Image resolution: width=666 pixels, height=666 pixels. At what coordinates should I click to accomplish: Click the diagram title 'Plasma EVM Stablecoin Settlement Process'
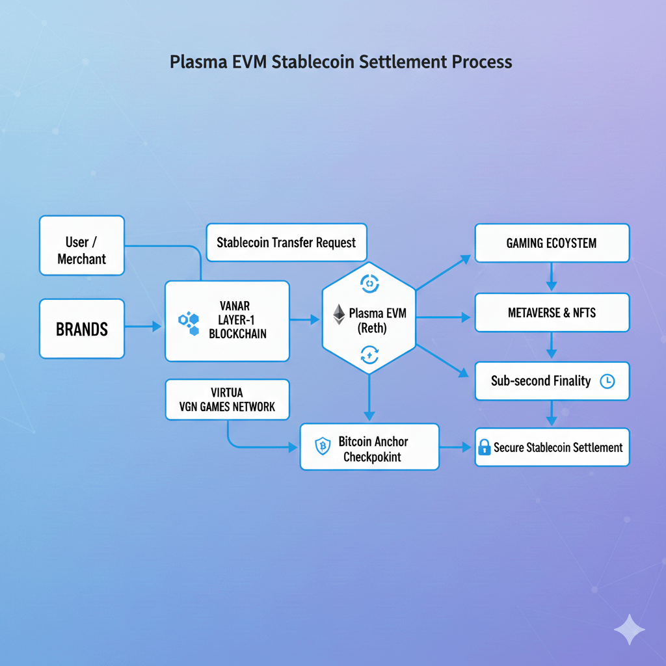pos(341,62)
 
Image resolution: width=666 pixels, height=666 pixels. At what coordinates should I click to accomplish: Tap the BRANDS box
pos(82,328)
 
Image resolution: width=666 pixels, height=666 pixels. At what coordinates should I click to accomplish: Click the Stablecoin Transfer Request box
pos(286,243)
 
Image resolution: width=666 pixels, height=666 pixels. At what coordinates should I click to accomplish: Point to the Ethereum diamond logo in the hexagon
pos(339,314)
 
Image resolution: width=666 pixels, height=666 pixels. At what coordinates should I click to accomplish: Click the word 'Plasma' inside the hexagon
pos(365,313)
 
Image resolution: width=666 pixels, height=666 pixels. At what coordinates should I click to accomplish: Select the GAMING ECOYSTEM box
pos(552,243)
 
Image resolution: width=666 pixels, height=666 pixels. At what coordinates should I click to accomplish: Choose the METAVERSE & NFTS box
pos(552,313)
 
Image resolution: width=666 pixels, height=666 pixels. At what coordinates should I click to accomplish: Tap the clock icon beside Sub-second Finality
pos(607,381)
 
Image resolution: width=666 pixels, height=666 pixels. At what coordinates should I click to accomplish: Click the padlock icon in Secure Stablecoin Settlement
pos(484,447)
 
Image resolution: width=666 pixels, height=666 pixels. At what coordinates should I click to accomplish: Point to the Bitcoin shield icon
pos(323,446)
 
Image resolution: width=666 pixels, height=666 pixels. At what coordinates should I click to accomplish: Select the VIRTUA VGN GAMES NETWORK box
pos(227,399)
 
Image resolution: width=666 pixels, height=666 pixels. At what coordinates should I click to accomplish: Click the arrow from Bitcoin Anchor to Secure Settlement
pos(457,447)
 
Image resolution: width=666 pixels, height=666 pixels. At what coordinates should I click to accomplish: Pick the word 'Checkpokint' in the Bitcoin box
pos(372,457)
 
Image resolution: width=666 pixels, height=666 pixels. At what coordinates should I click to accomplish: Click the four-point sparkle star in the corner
pos(629,630)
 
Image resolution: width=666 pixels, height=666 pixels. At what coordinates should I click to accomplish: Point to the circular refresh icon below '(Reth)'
pos(369,354)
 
